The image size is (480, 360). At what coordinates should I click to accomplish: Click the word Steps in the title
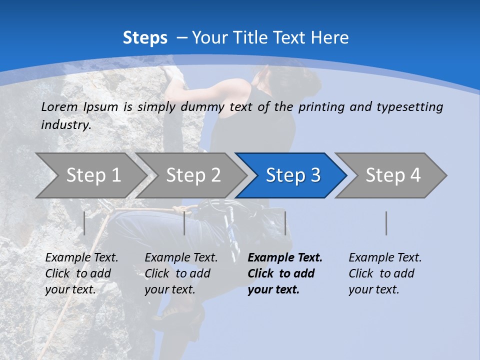click(x=145, y=38)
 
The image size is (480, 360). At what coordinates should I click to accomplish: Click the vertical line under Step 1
click(x=84, y=223)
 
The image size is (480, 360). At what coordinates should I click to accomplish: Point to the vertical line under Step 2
click(x=184, y=223)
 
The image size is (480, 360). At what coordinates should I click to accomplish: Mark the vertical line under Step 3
click(x=285, y=223)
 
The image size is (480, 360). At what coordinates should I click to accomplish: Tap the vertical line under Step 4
click(x=386, y=223)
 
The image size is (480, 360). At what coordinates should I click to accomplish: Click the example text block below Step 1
click(x=81, y=273)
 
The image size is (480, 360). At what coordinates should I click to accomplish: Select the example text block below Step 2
click(x=181, y=273)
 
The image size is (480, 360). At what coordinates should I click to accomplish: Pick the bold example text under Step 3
click(x=284, y=273)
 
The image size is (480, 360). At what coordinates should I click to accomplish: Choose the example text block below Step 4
click(x=385, y=273)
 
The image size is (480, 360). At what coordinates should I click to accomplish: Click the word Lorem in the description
click(x=59, y=107)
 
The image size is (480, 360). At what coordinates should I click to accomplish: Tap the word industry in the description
click(x=65, y=125)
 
